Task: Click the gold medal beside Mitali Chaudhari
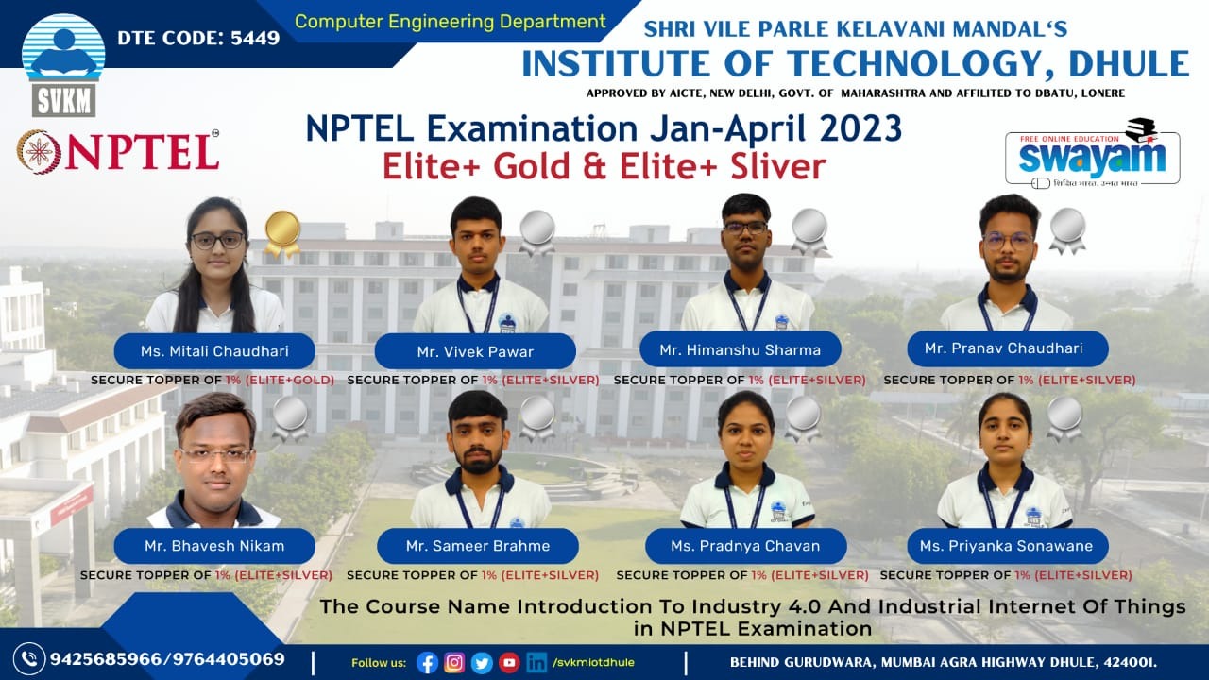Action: click(x=282, y=233)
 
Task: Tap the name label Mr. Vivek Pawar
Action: click(x=475, y=351)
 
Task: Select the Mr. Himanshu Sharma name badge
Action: click(x=740, y=349)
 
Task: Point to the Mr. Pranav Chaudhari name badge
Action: click(x=1008, y=348)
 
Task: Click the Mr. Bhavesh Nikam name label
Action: click(x=214, y=546)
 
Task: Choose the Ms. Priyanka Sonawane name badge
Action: click(x=1008, y=546)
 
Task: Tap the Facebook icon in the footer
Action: click(x=428, y=663)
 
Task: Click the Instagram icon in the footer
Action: click(x=454, y=662)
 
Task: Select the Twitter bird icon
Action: click(x=482, y=663)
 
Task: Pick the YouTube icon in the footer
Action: click(x=509, y=663)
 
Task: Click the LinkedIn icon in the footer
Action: click(x=536, y=662)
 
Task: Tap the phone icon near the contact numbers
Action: click(x=29, y=659)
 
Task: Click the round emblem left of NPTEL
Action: click(x=39, y=152)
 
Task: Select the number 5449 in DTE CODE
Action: click(x=255, y=38)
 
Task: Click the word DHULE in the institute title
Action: click(x=1129, y=63)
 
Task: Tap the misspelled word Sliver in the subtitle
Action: click(x=778, y=165)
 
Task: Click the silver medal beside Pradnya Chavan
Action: click(x=803, y=419)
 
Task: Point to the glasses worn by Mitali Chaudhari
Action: click(x=218, y=240)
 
